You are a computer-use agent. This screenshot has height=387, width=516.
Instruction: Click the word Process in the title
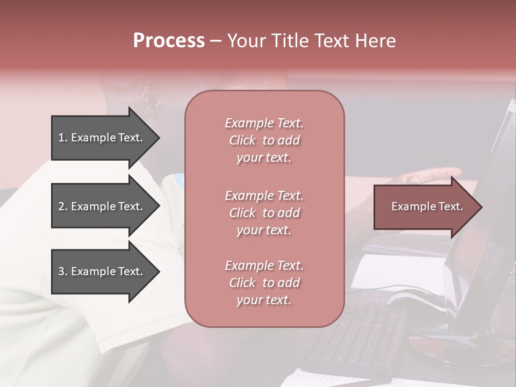pos(169,41)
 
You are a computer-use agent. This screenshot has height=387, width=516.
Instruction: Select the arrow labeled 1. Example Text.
pos(102,138)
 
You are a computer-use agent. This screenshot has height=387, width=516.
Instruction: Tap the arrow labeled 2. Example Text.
pos(102,206)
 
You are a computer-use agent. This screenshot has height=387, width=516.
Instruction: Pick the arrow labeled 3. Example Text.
pos(102,271)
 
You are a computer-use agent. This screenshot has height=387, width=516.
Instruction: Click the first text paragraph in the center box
pos(264,140)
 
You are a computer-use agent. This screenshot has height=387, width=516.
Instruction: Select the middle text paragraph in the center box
pos(264,213)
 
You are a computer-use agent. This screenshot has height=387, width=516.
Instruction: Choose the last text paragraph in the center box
pos(264,283)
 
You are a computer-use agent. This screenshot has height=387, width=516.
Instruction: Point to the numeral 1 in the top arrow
pos(61,138)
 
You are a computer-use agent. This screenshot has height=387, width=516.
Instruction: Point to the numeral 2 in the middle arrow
pos(61,206)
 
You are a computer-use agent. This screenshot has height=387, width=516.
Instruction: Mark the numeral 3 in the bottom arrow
pos(61,271)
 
